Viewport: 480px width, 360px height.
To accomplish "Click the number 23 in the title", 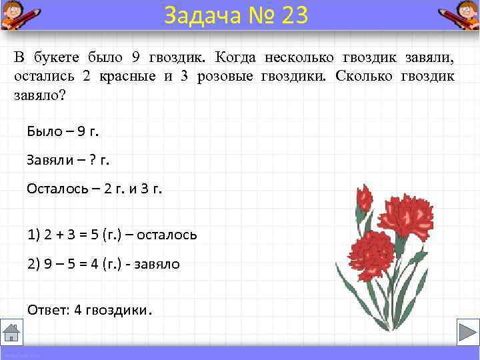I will [x=295, y=15].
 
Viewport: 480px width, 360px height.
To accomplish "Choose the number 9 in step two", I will [x=49, y=263].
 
